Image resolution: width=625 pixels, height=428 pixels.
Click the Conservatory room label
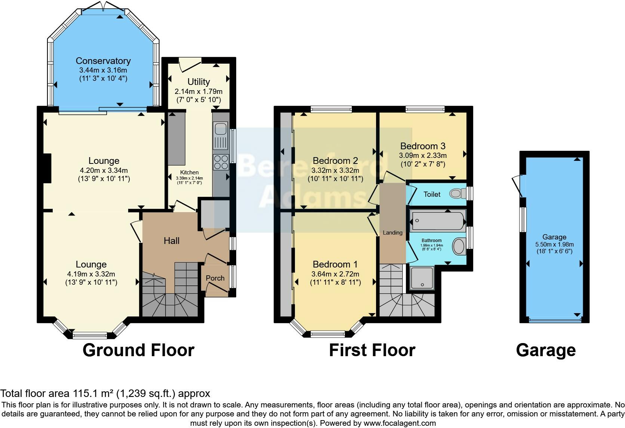tap(103, 61)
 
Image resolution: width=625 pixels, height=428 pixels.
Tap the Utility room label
tap(198, 82)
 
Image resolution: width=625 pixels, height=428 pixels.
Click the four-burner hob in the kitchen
tap(221, 162)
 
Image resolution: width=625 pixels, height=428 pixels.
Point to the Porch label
tap(215, 278)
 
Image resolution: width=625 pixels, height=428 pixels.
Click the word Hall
tap(172, 241)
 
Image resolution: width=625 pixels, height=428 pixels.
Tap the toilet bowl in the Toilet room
tap(456, 193)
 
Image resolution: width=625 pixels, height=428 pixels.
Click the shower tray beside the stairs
tap(422, 278)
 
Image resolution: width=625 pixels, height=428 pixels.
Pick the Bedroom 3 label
tap(423, 146)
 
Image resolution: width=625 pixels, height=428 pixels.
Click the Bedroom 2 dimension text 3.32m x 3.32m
tap(335, 170)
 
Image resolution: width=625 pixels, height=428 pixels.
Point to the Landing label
tap(392, 233)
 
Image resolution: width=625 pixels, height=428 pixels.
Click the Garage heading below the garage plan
tap(546, 351)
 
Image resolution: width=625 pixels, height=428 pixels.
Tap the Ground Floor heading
tap(138, 351)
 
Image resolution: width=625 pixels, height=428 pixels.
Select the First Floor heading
tap(372, 351)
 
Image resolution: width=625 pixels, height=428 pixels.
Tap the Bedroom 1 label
tap(335, 264)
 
